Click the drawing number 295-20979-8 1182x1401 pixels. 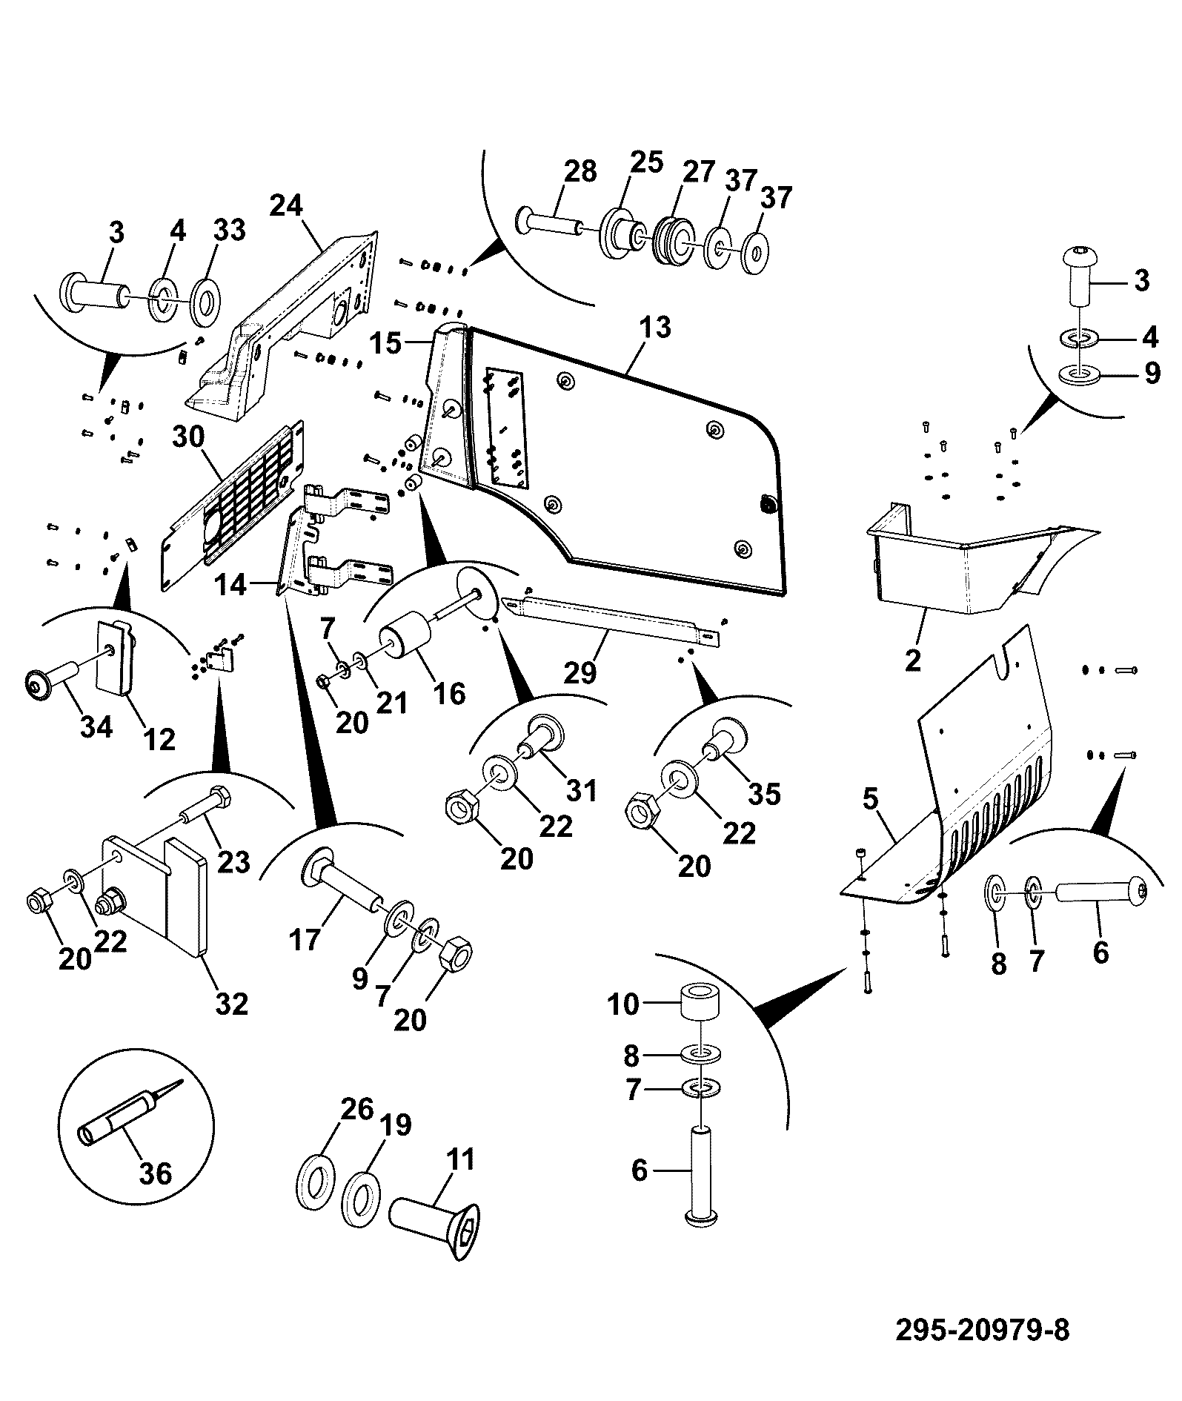click(x=982, y=1330)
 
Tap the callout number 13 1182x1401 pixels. click(x=656, y=327)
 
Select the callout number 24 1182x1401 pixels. click(x=286, y=205)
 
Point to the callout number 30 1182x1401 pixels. click(x=188, y=437)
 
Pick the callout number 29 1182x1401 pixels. click(x=580, y=672)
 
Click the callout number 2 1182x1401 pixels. click(x=912, y=658)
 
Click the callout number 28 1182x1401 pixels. click(x=580, y=171)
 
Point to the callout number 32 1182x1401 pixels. click(x=230, y=1004)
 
